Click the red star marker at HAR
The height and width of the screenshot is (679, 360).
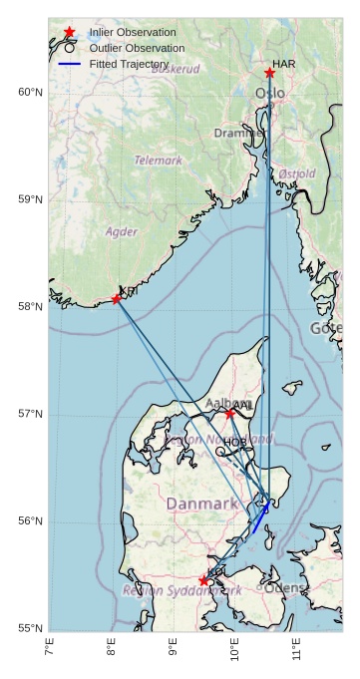coord(269,73)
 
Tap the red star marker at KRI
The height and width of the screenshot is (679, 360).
coord(117,298)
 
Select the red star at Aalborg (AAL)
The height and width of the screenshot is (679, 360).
coord(229,413)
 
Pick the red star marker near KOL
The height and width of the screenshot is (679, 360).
coord(203,580)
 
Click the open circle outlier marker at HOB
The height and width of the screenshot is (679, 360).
coord(220,451)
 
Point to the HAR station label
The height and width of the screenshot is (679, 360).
coord(284,64)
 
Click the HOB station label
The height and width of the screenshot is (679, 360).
coord(235,442)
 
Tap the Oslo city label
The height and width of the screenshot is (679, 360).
coord(269,94)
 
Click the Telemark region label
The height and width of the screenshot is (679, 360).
coord(159,160)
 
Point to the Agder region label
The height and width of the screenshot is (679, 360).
coord(122,231)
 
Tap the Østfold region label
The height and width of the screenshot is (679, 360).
coord(297,173)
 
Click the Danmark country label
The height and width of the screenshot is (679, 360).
coord(202,505)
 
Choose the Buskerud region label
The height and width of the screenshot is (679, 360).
coord(176,69)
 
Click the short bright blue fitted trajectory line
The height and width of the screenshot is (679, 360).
coord(260,518)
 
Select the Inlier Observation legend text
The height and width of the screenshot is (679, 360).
coord(133,33)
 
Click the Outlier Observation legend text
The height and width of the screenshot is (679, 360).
coord(137,48)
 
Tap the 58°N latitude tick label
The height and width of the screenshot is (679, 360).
coord(31,306)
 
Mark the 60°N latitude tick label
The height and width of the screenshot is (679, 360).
coord(31,92)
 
